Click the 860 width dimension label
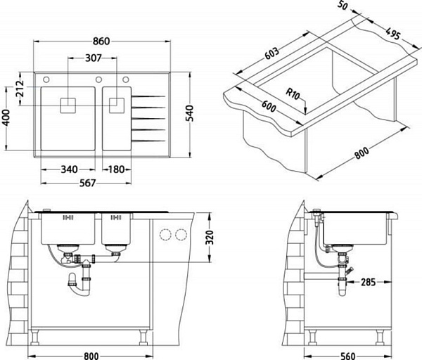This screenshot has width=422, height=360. pyautogui.click(x=101, y=41)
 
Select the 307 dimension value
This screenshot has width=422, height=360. pyautogui.click(x=94, y=58)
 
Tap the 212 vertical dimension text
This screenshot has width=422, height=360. pyautogui.click(x=20, y=89)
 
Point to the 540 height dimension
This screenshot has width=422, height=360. pyautogui.click(x=189, y=113)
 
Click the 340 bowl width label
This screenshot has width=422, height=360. pyautogui.click(x=69, y=169)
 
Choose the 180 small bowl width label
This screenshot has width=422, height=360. pyautogui.click(x=116, y=169)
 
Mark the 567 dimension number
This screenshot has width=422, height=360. pyautogui.click(x=88, y=183)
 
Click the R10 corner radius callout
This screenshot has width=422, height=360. pyautogui.click(x=293, y=94)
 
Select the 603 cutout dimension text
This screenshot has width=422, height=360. pyautogui.click(x=271, y=53)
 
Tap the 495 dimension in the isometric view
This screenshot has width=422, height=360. pyautogui.click(x=393, y=34)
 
